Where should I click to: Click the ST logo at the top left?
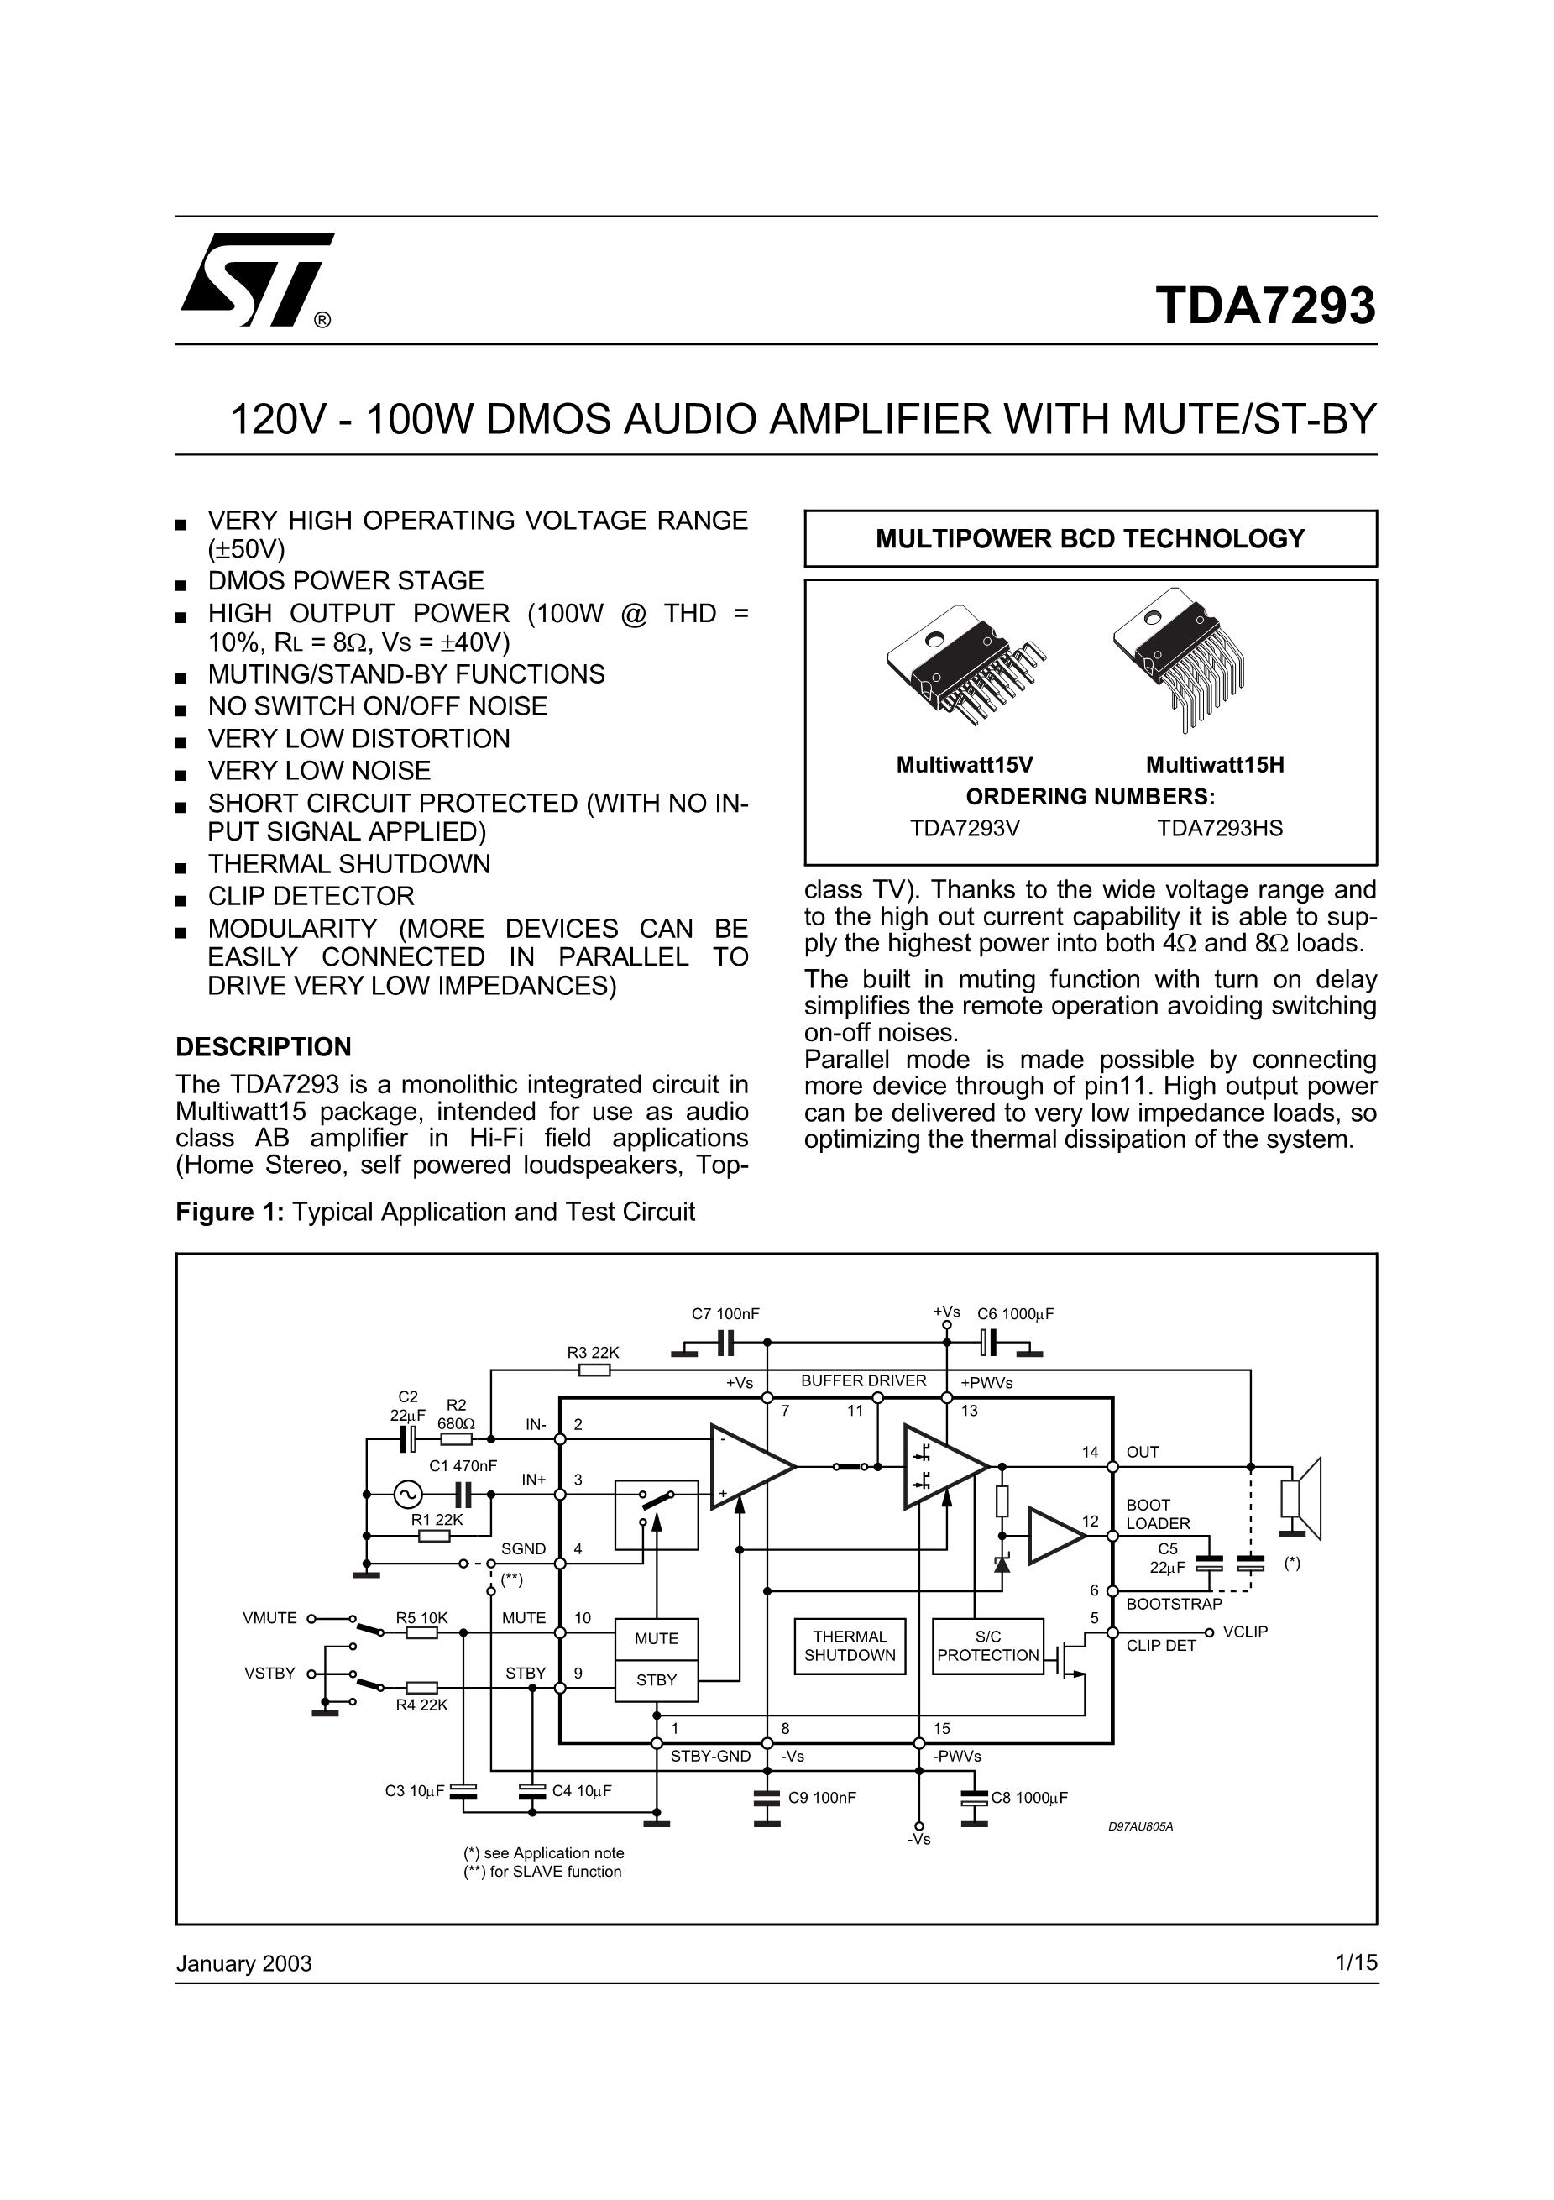pos(256,279)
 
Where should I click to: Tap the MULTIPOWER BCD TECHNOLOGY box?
pos(1090,538)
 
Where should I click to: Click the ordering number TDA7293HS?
pos(1219,828)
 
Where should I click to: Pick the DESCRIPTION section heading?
pos(264,1046)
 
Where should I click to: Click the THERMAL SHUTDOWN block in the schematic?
pos(849,1645)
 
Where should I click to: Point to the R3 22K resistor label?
pos(593,1352)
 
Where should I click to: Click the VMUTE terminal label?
pos(269,1617)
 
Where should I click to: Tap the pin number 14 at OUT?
pos(1090,1452)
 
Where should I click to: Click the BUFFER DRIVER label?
pos(863,1380)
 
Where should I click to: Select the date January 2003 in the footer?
pos(243,1963)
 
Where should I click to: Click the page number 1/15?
pos(1356,1962)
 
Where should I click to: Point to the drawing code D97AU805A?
pos(1140,1826)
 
